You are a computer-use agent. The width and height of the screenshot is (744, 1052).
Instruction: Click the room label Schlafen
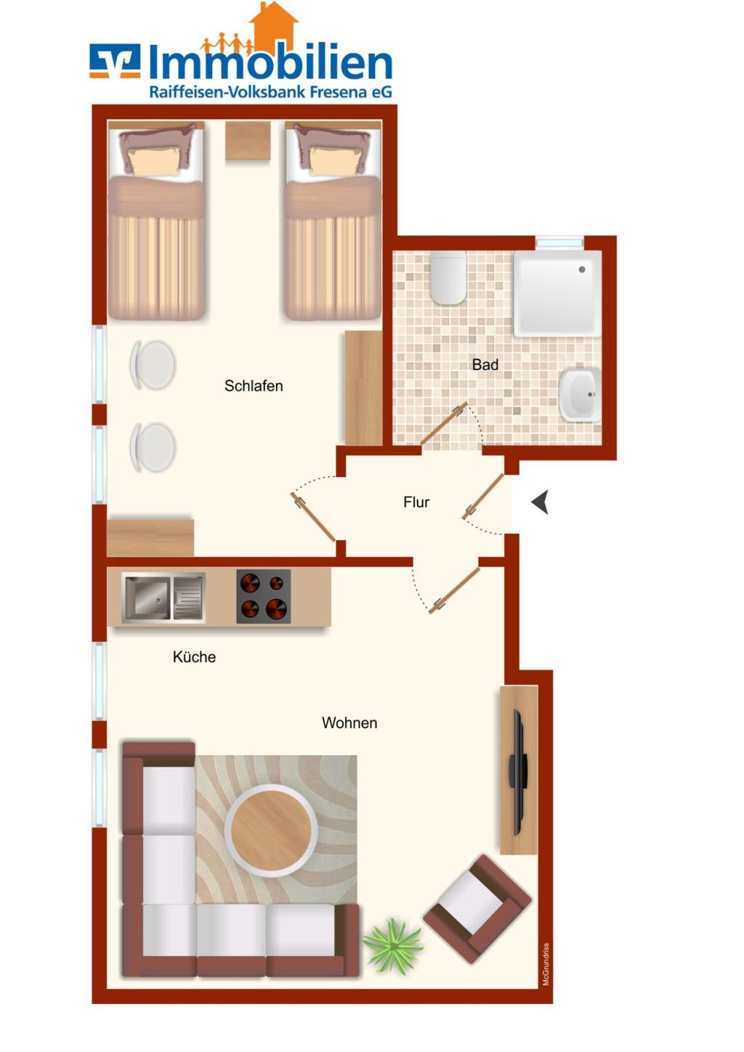[x=254, y=386]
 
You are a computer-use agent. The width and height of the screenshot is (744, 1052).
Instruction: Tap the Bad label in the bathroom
[x=485, y=364]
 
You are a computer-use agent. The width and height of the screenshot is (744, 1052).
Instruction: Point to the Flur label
[x=416, y=502]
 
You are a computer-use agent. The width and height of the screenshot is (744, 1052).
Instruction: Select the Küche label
[x=194, y=656]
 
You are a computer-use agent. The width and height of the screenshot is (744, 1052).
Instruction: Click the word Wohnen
[x=349, y=722]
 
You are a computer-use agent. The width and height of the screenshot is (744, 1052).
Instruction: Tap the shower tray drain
[x=582, y=269]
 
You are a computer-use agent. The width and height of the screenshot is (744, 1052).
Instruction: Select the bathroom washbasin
[x=580, y=394]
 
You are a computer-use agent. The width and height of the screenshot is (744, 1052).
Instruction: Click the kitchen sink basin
[x=147, y=598]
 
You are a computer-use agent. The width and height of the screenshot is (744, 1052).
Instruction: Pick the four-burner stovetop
[x=263, y=597]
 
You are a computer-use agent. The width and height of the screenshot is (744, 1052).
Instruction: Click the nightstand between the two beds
[x=248, y=141]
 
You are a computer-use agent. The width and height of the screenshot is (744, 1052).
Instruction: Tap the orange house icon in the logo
[x=274, y=26]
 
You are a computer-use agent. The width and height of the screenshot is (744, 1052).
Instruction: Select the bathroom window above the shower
[x=559, y=242]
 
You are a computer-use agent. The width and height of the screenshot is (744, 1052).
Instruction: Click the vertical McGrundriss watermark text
[x=545, y=964]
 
